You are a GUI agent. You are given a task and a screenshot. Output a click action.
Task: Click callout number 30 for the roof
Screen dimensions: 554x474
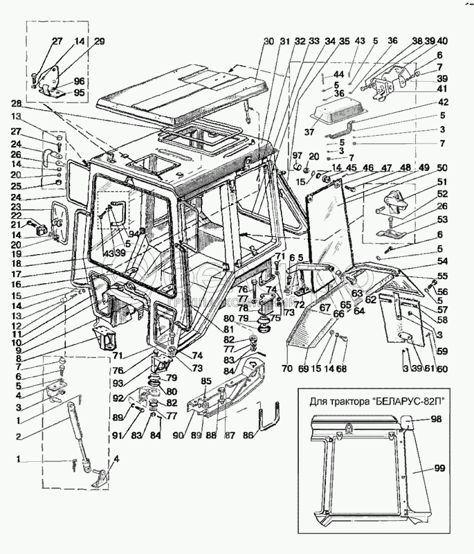pos(268,41)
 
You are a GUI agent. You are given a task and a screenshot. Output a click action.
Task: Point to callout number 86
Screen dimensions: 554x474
pos(248,438)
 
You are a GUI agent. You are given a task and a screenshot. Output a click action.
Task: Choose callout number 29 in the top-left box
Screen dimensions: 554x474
pos(100,42)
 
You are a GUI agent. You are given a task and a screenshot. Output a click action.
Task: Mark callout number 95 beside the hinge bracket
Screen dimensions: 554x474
pos(80,92)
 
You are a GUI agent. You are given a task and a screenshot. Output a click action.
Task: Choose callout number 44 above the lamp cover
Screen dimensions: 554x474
pos(338,74)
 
